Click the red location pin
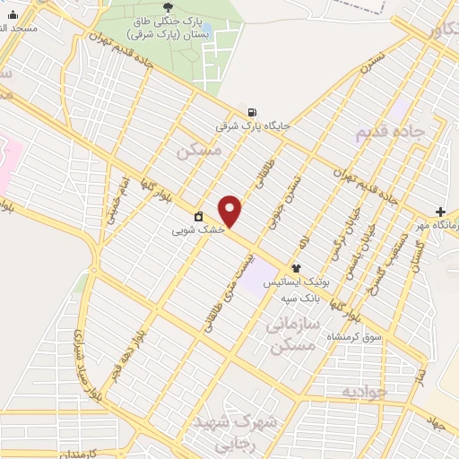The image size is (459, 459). coord(230,211)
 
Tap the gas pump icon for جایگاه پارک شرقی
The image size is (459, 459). coord(252,113)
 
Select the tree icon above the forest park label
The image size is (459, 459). coord(169,6)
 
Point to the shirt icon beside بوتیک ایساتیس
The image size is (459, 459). coord(296,268)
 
